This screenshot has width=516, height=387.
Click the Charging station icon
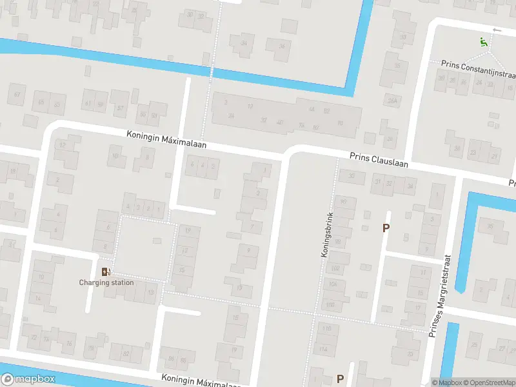(x=106, y=272)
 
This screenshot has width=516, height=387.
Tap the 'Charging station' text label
(x=106, y=283)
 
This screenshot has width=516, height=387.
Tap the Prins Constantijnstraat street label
(x=478, y=64)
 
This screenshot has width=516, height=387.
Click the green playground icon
(x=482, y=42)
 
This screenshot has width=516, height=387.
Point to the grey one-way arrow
(x=496, y=30)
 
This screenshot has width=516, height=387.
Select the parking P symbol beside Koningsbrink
(x=386, y=228)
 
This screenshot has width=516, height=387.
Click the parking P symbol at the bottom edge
(x=340, y=379)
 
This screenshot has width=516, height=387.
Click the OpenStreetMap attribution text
(x=491, y=382)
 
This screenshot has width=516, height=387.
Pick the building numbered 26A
(x=392, y=101)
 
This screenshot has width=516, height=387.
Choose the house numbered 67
(x=17, y=95)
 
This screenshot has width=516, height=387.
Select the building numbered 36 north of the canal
(x=281, y=46)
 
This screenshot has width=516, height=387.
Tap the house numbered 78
(x=91, y=348)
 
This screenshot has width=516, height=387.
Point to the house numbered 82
(x=126, y=353)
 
